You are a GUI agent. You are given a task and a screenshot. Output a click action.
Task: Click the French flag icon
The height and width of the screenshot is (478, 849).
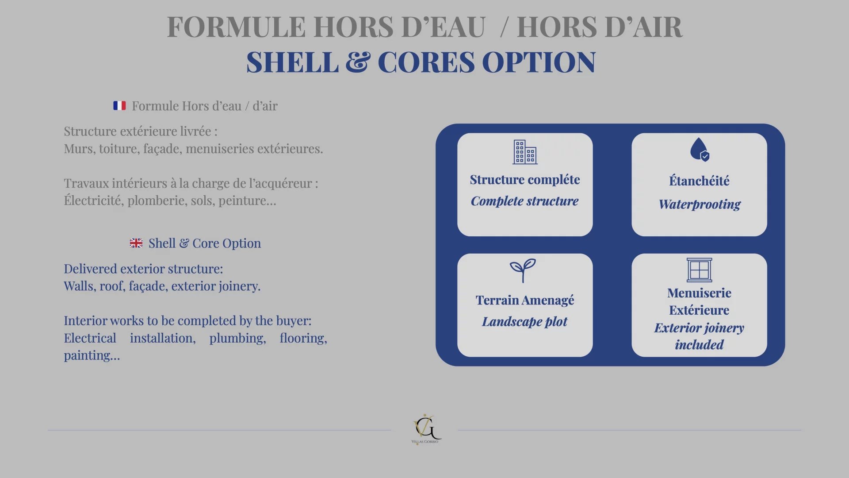tap(119, 106)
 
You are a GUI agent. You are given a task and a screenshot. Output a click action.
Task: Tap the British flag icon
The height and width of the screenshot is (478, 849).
tap(136, 243)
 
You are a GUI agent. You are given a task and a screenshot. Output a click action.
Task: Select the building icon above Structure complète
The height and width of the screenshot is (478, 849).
tap(525, 152)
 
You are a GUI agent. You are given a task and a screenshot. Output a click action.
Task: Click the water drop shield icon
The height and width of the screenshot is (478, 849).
tap(700, 149)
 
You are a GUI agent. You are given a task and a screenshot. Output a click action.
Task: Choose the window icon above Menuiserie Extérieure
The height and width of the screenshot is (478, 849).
tap(700, 270)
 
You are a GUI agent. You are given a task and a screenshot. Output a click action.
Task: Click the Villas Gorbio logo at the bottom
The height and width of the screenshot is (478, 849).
tap(425, 429)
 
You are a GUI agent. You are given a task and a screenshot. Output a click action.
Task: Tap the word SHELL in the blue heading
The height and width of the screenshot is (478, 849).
tap(292, 62)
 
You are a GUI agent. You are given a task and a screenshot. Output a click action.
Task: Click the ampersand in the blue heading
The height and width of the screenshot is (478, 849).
tap(358, 62)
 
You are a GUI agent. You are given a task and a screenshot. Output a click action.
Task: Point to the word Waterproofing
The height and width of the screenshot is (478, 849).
tap(700, 204)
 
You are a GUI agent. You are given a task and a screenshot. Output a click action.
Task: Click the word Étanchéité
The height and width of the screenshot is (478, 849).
tap(699, 181)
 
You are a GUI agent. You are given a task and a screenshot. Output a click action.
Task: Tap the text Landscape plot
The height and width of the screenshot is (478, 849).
tap(524, 322)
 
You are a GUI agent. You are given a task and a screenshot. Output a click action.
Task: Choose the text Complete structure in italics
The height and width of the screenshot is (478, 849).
tap(524, 201)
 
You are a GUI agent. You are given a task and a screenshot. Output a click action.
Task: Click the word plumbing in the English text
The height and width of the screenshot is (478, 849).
tap(237, 339)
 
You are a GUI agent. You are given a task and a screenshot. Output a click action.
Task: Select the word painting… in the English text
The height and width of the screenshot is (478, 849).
tap(92, 356)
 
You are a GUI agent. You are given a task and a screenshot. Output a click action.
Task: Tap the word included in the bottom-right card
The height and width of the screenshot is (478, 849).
tap(699, 345)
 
